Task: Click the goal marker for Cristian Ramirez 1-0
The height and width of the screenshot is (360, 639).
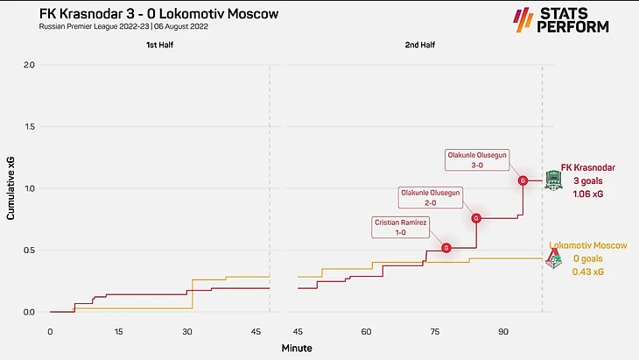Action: (446, 248)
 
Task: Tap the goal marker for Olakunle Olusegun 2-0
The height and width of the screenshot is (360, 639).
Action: (477, 218)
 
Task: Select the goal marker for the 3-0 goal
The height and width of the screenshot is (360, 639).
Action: (523, 180)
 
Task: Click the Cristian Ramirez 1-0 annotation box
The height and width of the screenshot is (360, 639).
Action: (402, 228)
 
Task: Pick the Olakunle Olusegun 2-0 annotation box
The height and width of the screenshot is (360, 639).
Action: (430, 197)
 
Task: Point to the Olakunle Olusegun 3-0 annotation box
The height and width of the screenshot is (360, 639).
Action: (478, 159)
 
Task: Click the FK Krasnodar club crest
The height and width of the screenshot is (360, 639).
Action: (553, 180)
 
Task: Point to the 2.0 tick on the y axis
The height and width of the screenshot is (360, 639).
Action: (29, 65)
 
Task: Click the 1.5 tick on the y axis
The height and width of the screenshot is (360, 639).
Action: (29, 127)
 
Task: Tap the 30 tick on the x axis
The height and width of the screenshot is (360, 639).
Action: (186, 332)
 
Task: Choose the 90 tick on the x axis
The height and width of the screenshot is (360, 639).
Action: (503, 332)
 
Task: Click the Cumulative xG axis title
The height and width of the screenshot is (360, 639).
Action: (11, 188)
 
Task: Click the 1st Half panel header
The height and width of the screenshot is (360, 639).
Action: (158, 44)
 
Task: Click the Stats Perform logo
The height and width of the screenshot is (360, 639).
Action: (560, 20)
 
